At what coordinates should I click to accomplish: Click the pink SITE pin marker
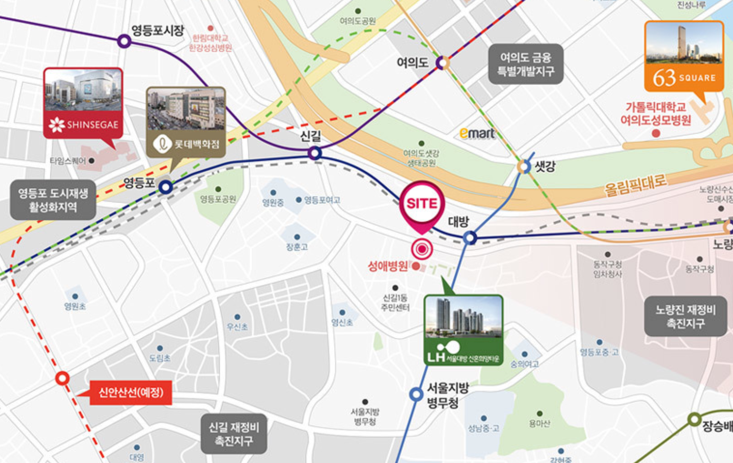click(422, 204)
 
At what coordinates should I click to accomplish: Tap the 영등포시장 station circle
click(124, 41)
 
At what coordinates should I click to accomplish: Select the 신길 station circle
click(315, 153)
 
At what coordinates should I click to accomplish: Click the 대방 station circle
click(470, 238)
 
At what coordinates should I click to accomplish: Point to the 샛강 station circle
click(524, 166)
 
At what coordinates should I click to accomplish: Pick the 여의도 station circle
click(442, 63)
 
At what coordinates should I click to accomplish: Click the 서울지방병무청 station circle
click(416, 394)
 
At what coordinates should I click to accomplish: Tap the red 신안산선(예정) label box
click(131, 393)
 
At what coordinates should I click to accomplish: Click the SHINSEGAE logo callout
click(83, 124)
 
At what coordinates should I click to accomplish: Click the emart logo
click(477, 133)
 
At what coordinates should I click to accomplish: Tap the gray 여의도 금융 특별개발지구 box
click(525, 64)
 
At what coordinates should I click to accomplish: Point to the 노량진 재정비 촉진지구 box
click(685, 316)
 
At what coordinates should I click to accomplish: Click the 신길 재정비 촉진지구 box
click(234, 434)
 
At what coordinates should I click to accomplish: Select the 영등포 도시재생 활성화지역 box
click(53, 200)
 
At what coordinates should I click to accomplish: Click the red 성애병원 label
click(388, 267)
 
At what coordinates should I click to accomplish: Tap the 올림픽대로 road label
click(635, 185)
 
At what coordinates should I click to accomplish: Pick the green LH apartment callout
click(463, 330)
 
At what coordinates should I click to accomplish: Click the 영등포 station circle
click(166, 187)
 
